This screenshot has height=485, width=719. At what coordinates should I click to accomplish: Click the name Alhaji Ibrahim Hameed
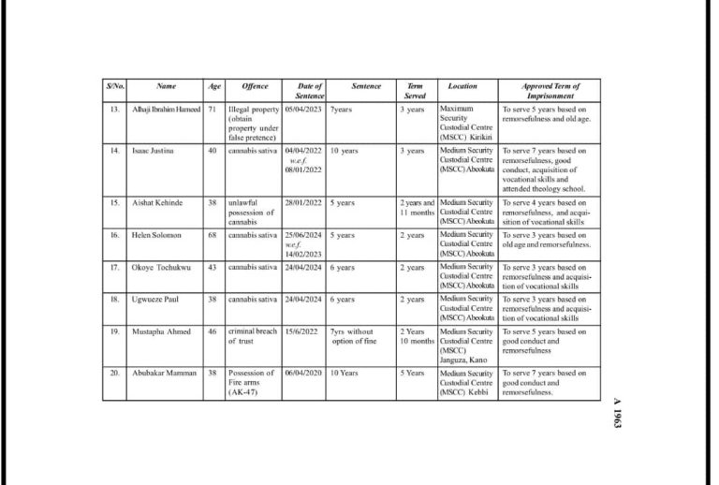pyautogui.click(x=167, y=110)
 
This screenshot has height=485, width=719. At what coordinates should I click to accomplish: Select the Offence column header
pyautogui.click(x=255, y=86)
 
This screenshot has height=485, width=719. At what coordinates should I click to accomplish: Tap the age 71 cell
pyautogui.click(x=213, y=110)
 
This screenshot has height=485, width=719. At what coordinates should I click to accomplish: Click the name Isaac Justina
pyautogui.click(x=153, y=150)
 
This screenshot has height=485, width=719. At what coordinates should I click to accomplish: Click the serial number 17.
pyautogui.click(x=113, y=267)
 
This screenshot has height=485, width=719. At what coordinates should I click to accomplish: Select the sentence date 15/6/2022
pyautogui.click(x=302, y=331)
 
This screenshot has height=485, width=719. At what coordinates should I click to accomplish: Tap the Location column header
pyautogui.click(x=462, y=86)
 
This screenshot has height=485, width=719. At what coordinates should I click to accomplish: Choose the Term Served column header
pyautogui.click(x=415, y=91)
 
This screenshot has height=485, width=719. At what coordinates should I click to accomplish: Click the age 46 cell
pyautogui.click(x=213, y=331)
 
